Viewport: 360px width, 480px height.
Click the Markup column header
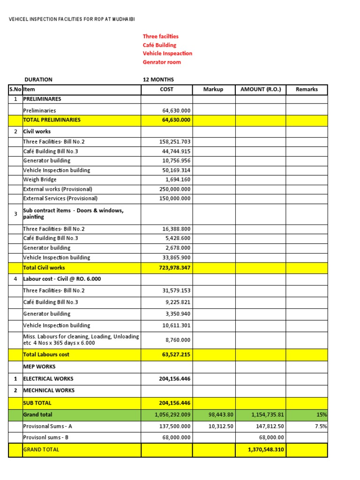[x=213, y=89]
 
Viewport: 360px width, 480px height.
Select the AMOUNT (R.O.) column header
[x=261, y=89]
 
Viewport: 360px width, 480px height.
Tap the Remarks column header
[x=307, y=89]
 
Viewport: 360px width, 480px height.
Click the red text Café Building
[x=159, y=45]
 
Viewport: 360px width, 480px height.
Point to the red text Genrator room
[x=162, y=62]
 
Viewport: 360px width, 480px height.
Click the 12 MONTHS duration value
[x=158, y=80]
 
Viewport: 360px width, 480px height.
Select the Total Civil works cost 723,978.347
[x=174, y=268]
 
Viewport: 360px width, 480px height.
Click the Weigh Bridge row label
[x=40, y=180]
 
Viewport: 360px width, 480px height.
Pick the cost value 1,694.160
[x=178, y=180]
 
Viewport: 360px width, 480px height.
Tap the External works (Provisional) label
[x=58, y=189]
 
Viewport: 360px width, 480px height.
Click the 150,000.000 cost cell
[x=175, y=199]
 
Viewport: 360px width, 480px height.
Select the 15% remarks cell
[x=321, y=415]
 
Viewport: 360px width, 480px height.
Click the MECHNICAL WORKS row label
[x=49, y=390]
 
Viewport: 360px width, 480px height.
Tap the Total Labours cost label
[x=46, y=354]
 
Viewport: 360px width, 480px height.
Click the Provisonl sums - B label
[x=47, y=437]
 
